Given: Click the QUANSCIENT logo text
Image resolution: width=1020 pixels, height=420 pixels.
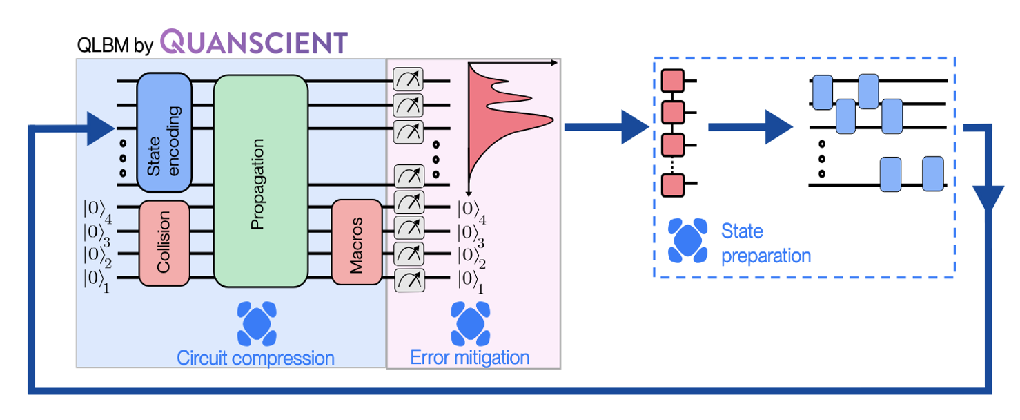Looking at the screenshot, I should (x=253, y=42).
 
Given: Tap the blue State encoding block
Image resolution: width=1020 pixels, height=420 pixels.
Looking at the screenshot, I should (x=164, y=132).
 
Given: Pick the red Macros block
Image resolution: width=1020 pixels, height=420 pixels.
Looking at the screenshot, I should (x=357, y=242).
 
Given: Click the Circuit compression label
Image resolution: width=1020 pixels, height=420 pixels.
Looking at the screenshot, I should (x=255, y=358).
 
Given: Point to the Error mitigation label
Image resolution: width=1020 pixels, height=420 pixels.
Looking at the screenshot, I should (x=470, y=357).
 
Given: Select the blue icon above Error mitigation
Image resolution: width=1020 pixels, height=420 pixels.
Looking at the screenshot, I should (x=469, y=323).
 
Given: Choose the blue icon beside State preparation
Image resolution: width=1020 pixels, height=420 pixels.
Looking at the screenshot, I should (x=687, y=241).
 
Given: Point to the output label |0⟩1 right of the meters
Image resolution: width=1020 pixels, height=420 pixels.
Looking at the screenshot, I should (x=470, y=283).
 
